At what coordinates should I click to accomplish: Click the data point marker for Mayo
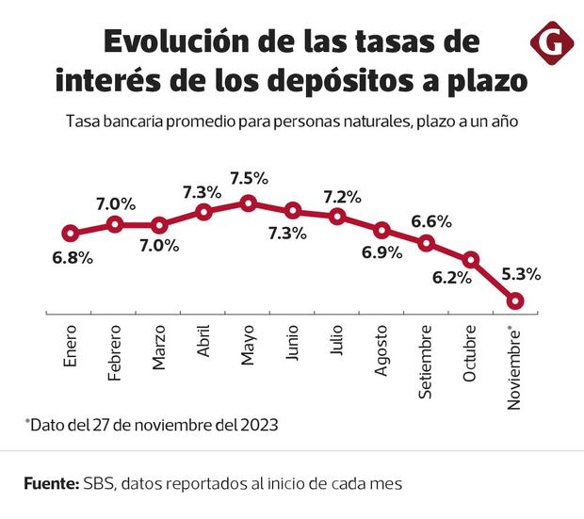point(248,203)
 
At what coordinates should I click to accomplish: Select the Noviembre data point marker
point(515,301)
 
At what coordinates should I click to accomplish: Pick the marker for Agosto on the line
point(381,230)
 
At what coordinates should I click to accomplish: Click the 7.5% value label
point(250,178)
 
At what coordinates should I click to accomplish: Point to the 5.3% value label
point(521,275)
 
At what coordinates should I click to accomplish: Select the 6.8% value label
point(73,258)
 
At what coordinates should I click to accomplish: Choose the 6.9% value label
point(382,253)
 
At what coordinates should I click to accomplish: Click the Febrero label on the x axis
point(116,354)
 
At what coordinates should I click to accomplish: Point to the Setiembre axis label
point(427,360)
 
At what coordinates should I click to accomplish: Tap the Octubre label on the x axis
point(470,355)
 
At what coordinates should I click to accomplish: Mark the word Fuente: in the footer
point(51,483)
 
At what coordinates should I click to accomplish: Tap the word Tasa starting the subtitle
point(82,122)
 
